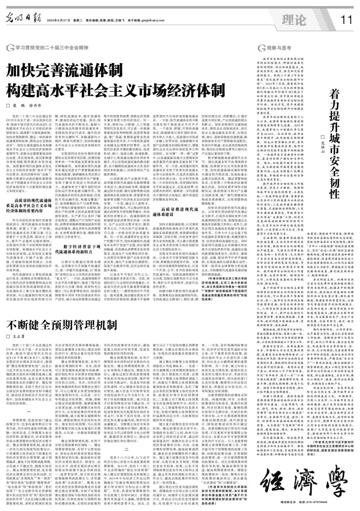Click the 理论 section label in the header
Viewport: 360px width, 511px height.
pos(293,20)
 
